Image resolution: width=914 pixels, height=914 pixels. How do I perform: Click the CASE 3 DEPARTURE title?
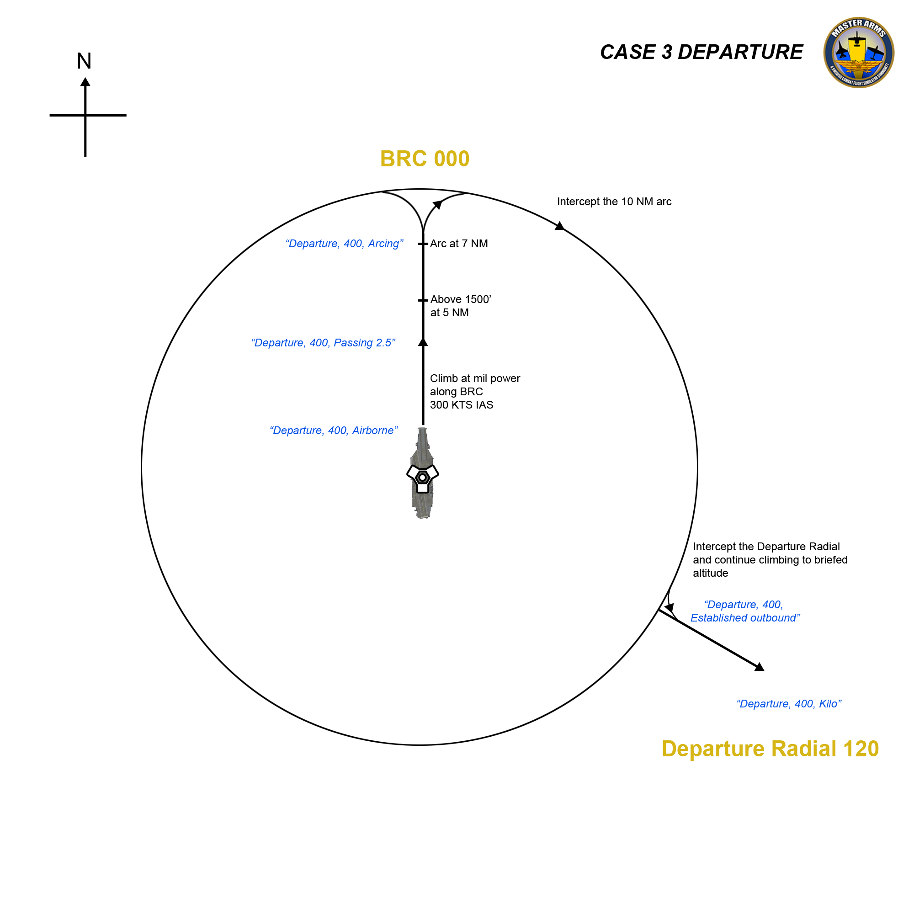(701, 52)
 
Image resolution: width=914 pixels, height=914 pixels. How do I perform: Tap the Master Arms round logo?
(858, 53)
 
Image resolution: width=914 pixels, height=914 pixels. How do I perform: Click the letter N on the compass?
(84, 61)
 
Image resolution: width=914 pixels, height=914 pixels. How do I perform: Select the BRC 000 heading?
(425, 159)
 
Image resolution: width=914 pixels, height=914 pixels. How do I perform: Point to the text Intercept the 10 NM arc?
(614, 202)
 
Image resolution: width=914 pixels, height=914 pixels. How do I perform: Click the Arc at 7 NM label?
(458, 244)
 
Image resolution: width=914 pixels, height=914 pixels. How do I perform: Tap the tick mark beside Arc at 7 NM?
(422, 244)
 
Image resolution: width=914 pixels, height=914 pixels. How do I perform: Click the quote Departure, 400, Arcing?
(344, 244)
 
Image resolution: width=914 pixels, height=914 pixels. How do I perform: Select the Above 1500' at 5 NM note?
(460, 306)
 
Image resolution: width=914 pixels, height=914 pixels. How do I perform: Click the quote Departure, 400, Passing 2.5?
(323, 342)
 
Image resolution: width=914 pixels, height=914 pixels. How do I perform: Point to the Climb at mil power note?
(474, 391)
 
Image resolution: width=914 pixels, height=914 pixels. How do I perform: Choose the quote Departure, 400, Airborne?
(334, 430)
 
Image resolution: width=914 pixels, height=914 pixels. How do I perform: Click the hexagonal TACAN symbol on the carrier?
(422, 478)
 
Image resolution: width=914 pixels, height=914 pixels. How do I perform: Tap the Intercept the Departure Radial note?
(770, 560)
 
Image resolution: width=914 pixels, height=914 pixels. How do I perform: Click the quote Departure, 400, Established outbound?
(744, 611)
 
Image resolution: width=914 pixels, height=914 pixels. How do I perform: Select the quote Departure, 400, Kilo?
(789, 703)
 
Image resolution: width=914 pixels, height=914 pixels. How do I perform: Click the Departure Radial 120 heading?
(770, 749)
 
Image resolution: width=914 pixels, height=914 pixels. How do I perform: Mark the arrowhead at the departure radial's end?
(759, 667)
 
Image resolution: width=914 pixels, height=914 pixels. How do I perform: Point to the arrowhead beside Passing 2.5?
(423, 342)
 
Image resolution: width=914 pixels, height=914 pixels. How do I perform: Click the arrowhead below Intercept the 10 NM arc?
(559, 226)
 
